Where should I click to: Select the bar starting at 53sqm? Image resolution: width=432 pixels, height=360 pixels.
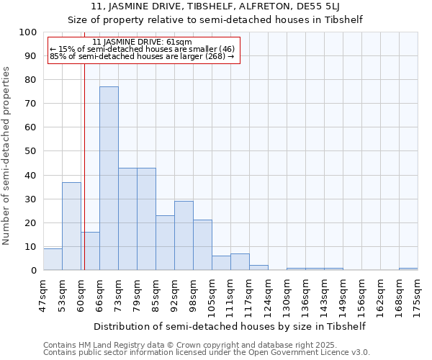point(71,226)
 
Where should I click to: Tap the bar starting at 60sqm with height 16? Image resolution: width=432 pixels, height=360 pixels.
point(90,251)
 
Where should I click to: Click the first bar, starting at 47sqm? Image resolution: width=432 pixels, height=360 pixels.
point(53,259)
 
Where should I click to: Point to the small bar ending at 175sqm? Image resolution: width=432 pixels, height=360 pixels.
point(408,269)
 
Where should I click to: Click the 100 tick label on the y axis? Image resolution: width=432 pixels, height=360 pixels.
point(28,32)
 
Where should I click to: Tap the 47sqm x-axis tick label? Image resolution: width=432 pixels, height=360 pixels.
point(44,295)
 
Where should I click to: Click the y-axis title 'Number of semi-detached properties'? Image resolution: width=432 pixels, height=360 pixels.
point(7,156)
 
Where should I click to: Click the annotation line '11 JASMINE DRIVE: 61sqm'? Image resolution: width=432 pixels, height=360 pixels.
point(143,42)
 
